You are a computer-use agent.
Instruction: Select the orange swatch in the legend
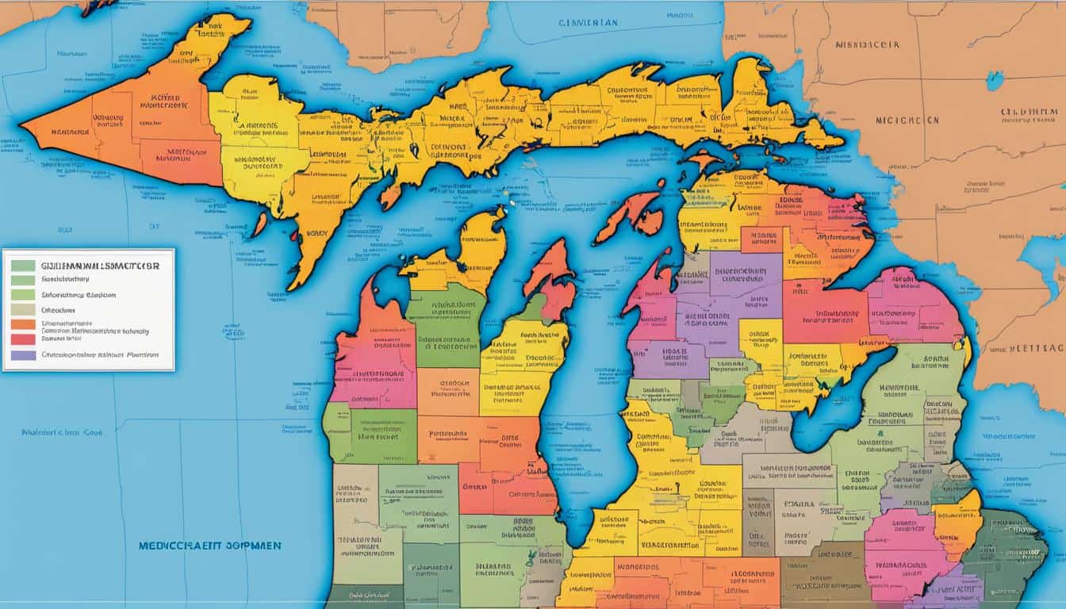23,324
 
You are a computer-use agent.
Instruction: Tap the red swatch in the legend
23,339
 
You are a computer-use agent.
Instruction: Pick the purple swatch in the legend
23,354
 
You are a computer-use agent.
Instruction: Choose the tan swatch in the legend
23,308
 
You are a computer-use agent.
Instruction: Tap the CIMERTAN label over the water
588,23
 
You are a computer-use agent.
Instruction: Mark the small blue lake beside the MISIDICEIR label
994,80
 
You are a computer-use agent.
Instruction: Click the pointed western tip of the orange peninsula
24,125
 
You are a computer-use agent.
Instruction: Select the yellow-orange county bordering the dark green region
957,523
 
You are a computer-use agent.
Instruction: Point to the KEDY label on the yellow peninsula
316,235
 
